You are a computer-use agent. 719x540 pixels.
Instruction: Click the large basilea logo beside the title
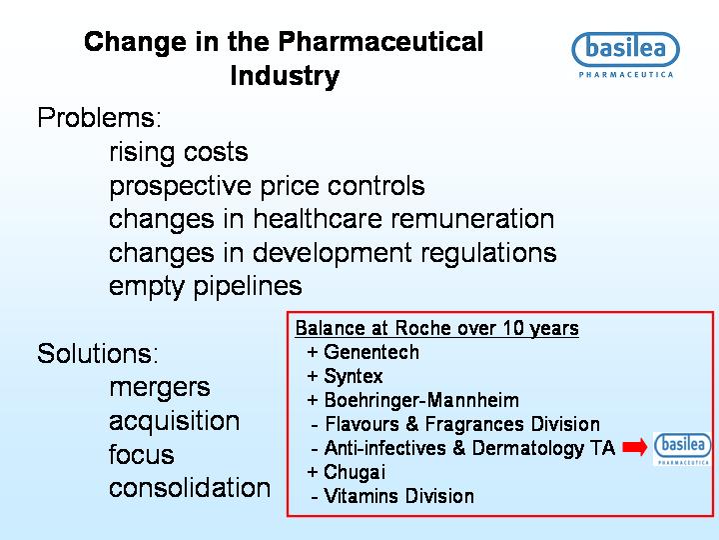(x=626, y=55)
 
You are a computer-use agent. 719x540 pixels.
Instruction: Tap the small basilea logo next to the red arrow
(x=683, y=449)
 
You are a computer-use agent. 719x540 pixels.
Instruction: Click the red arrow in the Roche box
(x=635, y=447)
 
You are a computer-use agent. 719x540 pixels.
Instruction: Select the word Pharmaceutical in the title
(x=380, y=42)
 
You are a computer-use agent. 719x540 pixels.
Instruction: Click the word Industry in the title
(x=285, y=76)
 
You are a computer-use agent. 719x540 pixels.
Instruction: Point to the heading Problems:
(x=100, y=118)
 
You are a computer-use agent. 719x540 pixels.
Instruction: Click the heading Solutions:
(x=98, y=354)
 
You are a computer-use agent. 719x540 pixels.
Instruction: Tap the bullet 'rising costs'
(x=179, y=152)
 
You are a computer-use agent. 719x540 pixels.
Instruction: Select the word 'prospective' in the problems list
(x=180, y=187)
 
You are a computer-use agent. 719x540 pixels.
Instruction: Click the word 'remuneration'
(x=472, y=219)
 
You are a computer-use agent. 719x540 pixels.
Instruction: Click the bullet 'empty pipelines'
(x=206, y=287)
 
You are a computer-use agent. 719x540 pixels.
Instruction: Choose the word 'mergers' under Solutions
(x=160, y=388)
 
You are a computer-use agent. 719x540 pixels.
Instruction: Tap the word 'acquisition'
(x=174, y=421)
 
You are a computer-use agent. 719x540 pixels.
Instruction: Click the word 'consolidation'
(x=190, y=488)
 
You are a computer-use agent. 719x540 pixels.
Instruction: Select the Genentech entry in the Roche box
(x=362, y=353)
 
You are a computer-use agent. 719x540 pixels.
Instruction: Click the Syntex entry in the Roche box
(x=345, y=377)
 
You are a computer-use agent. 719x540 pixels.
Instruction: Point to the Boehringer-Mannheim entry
(x=412, y=400)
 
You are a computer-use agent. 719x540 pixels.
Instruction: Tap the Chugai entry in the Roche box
(x=347, y=472)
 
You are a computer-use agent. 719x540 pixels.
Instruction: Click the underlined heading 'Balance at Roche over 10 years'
(x=437, y=329)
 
